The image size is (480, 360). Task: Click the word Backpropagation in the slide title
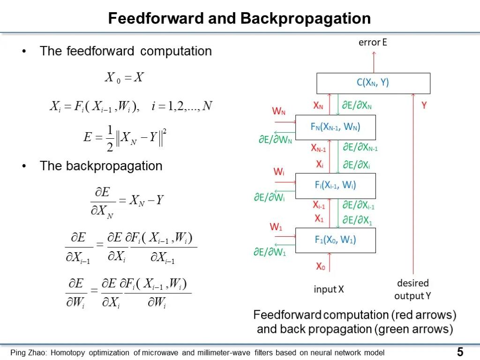pyautogui.click(x=306, y=18)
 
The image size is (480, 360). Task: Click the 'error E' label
pyautogui.click(x=373, y=42)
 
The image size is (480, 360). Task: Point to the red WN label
pyautogui.click(x=278, y=111)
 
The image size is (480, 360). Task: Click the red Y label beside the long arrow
pyautogui.click(x=424, y=105)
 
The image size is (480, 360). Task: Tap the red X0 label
pyautogui.click(x=321, y=266)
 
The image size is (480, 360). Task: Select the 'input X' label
pyautogui.click(x=329, y=289)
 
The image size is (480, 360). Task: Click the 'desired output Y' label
pyautogui.click(x=412, y=289)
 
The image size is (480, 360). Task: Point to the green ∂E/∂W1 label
pyautogui.click(x=270, y=252)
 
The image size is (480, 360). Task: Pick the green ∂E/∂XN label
pyautogui.click(x=357, y=105)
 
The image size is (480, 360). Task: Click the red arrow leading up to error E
pyautogui.click(x=374, y=62)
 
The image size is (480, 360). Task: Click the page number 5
pyautogui.click(x=460, y=352)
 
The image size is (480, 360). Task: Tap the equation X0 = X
pyautogui.click(x=124, y=77)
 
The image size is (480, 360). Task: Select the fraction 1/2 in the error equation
pyautogui.click(x=110, y=138)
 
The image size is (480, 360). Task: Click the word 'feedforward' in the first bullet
pyautogui.click(x=100, y=51)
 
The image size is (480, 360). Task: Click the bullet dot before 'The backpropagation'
pyautogui.click(x=24, y=166)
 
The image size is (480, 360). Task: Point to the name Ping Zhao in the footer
pyautogui.click(x=29, y=352)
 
